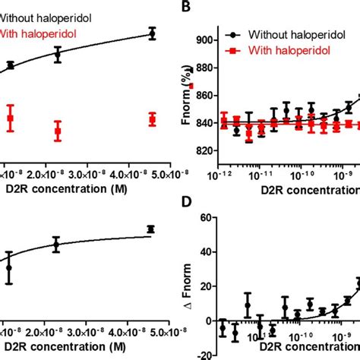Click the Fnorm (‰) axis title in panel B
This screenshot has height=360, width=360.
[x=182, y=96]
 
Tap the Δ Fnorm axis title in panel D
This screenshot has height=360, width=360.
[x=182, y=285]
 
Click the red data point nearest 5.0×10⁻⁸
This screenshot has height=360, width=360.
[x=153, y=120]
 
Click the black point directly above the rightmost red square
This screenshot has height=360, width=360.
[x=153, y=33]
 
